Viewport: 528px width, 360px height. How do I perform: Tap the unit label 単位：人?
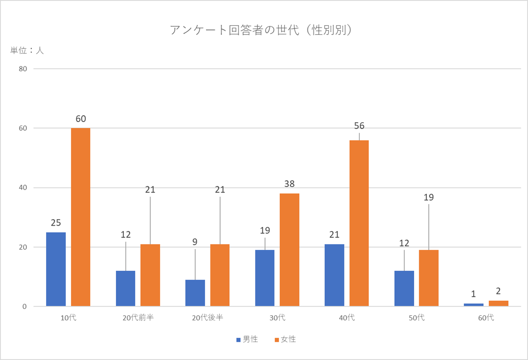[x=27, y=51]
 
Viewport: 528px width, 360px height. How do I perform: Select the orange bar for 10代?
[x=80, y=217]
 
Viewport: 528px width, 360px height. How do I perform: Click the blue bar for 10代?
[x=56, y=269]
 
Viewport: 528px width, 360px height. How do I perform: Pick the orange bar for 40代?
[x=359, y=223]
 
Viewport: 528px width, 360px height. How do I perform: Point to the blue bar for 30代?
[x=265, y=278]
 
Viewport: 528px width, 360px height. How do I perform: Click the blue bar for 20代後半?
[x=195, y=293]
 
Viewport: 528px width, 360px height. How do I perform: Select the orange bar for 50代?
[x=429, y=278]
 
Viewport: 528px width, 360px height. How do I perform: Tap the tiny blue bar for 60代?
[x=473, y=305]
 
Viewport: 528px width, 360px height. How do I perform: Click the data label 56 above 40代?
[x=359, y=126]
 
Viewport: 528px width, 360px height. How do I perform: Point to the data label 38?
[x=289, y=184]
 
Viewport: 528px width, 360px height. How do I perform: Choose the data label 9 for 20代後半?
[x=195, y=242]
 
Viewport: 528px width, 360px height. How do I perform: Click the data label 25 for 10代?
[x=56, y=223]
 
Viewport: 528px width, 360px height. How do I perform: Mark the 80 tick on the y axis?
[x=23, y=69]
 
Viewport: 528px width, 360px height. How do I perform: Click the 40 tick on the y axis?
[x=23, y=188]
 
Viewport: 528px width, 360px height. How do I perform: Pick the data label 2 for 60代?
[x=498, y=291]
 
